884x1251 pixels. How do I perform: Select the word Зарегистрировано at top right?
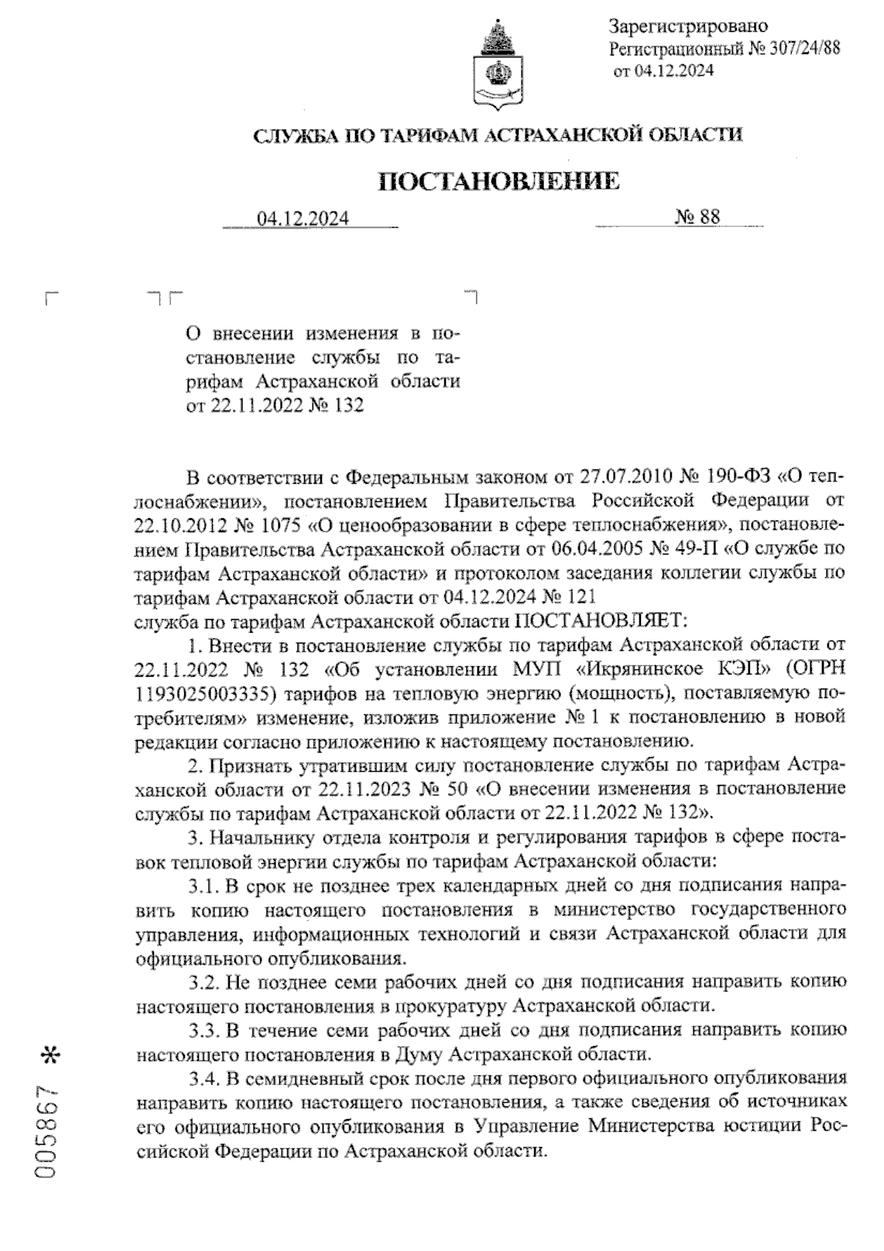coord(689,27)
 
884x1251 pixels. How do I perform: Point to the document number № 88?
coord(697,217)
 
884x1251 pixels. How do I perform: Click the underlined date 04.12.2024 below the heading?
coord(303,218)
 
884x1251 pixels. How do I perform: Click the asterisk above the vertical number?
coord(50,1054)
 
